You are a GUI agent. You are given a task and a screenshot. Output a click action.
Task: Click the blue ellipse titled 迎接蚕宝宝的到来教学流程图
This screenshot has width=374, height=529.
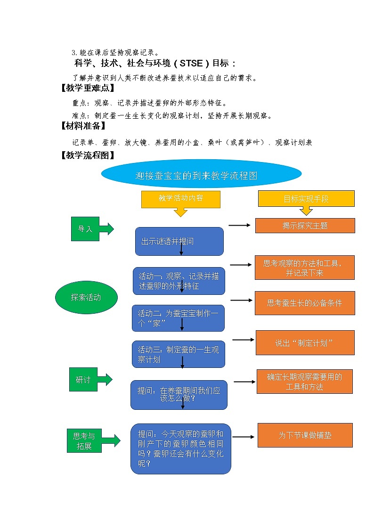pyautogui.click(x=201, y=176)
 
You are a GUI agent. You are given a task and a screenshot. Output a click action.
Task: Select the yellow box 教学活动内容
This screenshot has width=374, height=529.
pyautogui.click(x=181, y=199)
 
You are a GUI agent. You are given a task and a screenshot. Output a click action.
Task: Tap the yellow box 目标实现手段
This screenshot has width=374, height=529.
pyautogui.click(x=306, y=199)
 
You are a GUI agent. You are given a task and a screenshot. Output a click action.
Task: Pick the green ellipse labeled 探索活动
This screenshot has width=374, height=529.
pyautogui.click(x=86, y=297)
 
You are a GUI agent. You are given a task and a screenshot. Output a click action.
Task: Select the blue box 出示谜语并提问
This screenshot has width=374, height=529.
pyautogui.click(x=179, y=241)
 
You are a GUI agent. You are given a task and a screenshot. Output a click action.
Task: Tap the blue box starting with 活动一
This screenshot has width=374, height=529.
pyautogui.click(x=179, y=281)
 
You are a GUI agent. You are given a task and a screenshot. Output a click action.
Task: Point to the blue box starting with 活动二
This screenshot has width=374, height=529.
pyautogui.click(x=178, y=318)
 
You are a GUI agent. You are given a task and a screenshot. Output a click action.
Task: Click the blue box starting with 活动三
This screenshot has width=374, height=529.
pyautogui.click(x=178, y=354)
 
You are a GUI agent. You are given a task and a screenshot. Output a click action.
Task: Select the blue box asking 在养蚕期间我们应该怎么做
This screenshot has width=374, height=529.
pyautogui.click(x=179, y=394)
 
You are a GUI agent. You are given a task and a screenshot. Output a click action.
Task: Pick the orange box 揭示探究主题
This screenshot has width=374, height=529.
pyautogui.click(x=305, y=226)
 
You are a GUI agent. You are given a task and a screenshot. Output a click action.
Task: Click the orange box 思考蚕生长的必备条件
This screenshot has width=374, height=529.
pyautogui.click(x=305, y=303)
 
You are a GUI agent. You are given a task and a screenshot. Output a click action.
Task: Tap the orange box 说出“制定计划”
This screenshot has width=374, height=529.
pyautogui.click(x=305, y=342)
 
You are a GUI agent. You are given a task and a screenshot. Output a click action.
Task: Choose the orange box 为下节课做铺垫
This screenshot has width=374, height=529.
pyautogui.click(x=305, y=435)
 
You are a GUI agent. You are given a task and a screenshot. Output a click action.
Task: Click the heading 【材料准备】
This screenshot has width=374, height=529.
pyautogui.click(x=83, y=126)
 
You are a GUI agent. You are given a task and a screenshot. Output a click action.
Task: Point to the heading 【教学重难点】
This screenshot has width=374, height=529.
pyautogui.click(x=88, y=88)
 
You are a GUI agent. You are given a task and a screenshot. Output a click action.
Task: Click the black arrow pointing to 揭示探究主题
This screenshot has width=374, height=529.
pyautogui.click(x=240, y=226)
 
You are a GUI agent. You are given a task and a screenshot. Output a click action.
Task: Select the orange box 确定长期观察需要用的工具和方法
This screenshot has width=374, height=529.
pyautogui.click(x=305, y=382)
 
